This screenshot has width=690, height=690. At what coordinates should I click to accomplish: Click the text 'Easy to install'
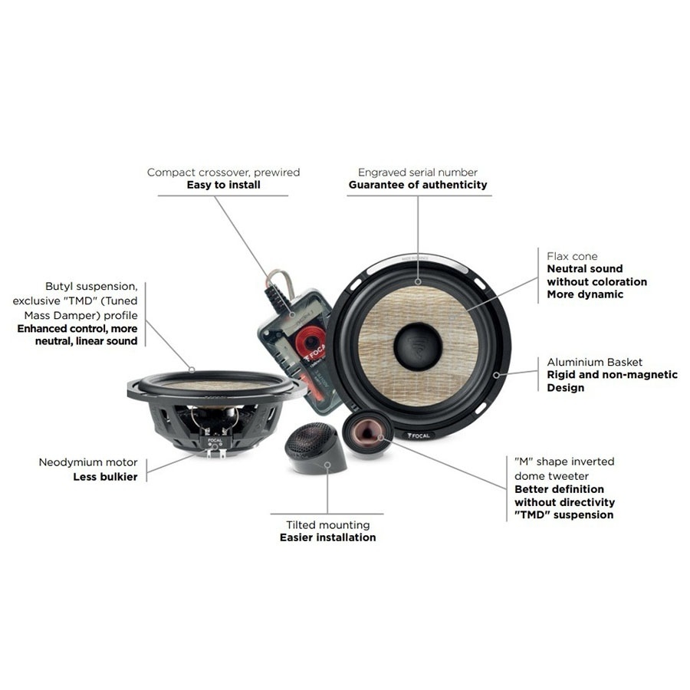click(x=223, y=185)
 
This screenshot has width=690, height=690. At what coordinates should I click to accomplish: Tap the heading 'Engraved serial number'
click(x=418, y=172)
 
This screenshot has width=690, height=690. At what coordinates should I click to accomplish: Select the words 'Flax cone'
click(x=572, y=256)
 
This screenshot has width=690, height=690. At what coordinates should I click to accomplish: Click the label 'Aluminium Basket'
click(x=594, y=362)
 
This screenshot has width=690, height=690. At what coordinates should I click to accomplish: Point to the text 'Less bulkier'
click(x=106, y=476)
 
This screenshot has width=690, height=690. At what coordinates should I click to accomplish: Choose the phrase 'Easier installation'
click(x=327, y=537)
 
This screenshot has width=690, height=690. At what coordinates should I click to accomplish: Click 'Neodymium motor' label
click(x=89, y=462)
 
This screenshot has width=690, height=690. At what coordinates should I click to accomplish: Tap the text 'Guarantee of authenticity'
click(x=418, y=185)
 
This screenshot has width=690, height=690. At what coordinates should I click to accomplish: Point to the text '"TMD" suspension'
click(x=563, y=514)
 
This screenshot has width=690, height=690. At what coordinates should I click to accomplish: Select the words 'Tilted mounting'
click(x=327, y=525)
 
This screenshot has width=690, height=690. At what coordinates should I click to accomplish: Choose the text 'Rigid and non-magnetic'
click(x=612, y=375)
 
